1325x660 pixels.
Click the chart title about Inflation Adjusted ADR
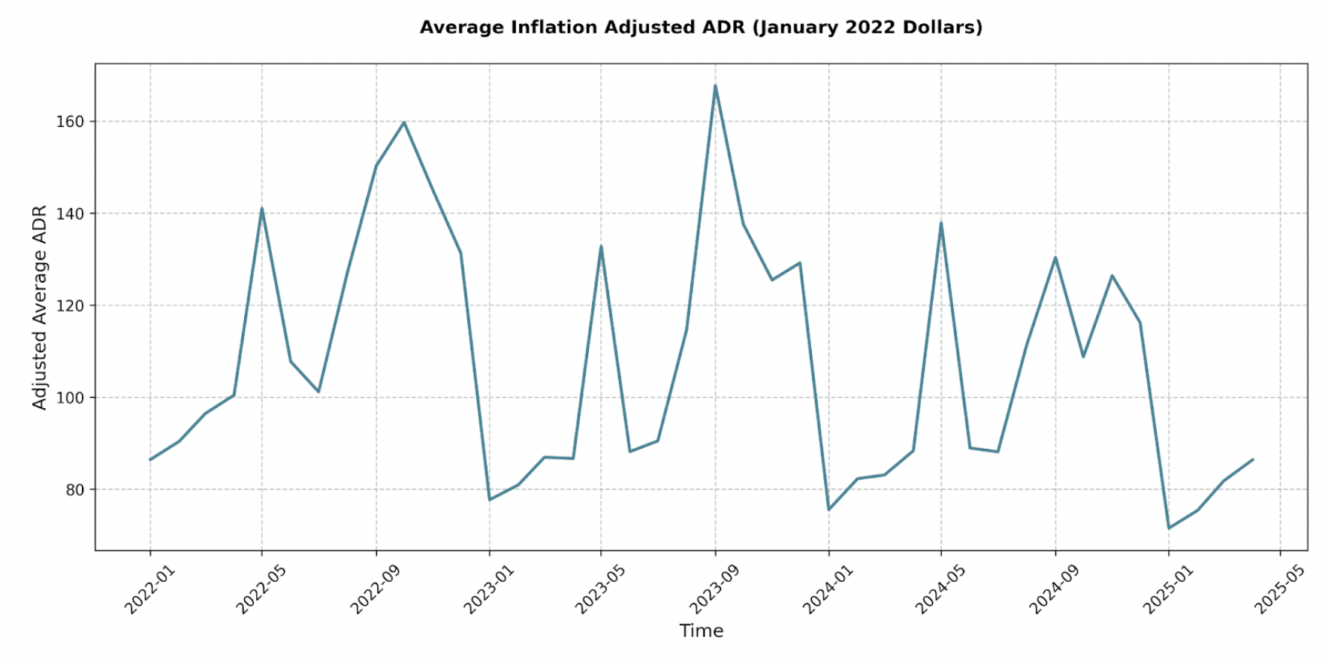[x=700, y=28]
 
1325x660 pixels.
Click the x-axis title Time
[x=701, y=631]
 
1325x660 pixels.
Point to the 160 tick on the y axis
[x=70, y=122]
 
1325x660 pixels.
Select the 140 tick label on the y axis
[x=70, y=213]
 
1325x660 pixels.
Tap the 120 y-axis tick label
[x=70, y=306]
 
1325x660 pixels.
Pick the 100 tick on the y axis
[x=70, y=398]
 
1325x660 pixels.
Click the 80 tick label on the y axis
[x=74, y=489]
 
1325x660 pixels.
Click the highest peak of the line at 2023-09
[x=715, y=85]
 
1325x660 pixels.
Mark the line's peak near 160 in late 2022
[x=404, y=122]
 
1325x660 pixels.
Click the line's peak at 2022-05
[x=261, y=208]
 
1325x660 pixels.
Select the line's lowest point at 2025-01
[x=1169, y=528]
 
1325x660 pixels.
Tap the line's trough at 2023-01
[x=490, y=499]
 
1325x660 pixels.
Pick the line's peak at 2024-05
[x=941, y=223]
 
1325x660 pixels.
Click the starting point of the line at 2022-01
[x=150, y=459]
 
